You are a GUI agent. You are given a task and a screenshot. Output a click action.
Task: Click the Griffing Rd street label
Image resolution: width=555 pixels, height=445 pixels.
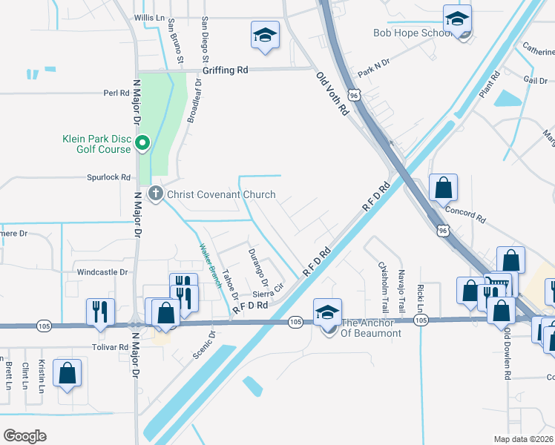226,70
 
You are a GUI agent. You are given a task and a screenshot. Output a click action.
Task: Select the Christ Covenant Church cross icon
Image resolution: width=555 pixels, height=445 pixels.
156,194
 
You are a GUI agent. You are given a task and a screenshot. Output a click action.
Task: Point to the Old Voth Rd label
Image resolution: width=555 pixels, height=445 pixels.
332,93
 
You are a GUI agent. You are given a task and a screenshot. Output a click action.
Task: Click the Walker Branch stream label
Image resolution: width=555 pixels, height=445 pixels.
210,266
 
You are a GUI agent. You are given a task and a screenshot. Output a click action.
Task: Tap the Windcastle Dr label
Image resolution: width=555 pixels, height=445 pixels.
102,272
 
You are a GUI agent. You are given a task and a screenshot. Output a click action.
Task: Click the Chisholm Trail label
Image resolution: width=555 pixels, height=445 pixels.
384,286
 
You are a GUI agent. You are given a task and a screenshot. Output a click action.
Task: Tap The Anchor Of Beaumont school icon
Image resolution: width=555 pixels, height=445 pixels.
327,311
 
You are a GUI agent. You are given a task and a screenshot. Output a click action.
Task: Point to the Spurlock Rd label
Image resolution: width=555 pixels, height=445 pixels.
109,177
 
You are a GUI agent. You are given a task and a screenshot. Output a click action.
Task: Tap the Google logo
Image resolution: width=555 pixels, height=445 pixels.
24,435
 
